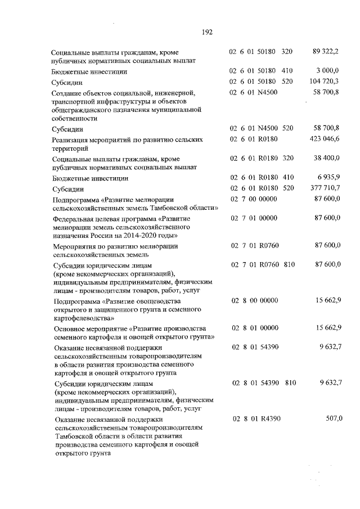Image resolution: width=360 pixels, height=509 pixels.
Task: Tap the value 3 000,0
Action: point(329,71)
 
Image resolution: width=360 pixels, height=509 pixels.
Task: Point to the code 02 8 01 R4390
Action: point(256,418)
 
